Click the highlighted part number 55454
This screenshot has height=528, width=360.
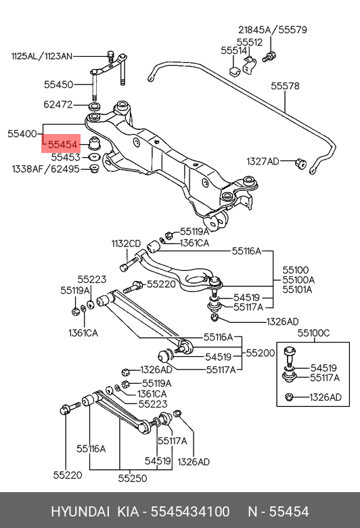click(x=63, y=144)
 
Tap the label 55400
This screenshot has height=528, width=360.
click(x=22, y=133)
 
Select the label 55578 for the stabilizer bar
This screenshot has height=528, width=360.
click(x=285, y=86)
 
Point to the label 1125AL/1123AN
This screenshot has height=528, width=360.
click(x=42, y=56)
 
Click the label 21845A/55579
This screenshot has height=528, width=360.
click(x=273, y=30)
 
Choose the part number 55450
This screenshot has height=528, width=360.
click(x=58, y=84)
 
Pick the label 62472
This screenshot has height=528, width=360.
click(x=58, y=104)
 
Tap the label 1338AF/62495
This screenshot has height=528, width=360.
click(x=46, y=169)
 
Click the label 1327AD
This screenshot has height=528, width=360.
click(x=263, y=161)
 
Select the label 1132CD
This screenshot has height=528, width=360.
click(x=126, y=244)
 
